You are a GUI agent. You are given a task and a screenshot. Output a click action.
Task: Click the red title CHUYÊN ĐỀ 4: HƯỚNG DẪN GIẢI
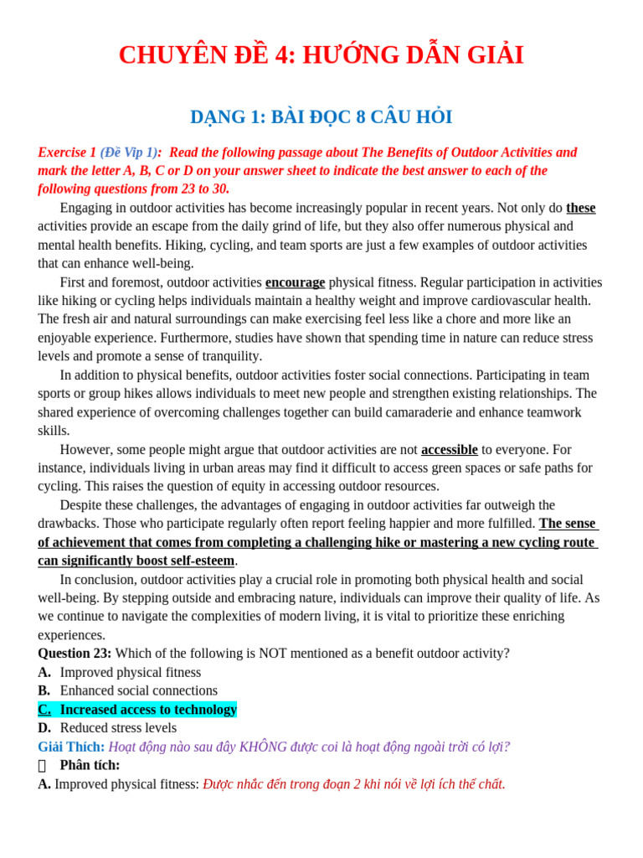click(x=321, y=55)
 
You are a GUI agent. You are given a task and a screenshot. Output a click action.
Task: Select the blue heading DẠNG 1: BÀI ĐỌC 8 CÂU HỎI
click(x=321, y=117)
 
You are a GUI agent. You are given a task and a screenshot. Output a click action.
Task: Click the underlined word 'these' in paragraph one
click(x=580, y=208)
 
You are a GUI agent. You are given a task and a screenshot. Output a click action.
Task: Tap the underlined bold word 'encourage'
click(x=295, y=282)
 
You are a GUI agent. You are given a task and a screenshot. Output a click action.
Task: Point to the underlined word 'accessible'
click(x=449, y=449)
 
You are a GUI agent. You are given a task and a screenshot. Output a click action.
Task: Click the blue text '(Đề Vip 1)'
click(x=128, y=152)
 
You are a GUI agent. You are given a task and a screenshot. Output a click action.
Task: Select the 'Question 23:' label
click(x=75, y=654)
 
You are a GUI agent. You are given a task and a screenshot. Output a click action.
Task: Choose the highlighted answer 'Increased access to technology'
click(x=148, y=710)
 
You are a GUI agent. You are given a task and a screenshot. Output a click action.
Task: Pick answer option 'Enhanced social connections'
click(x=138, y=690)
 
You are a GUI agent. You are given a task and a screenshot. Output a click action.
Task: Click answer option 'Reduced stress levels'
click(x=118, y=728)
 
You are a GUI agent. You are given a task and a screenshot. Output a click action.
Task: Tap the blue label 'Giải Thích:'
click(x=71, y=747)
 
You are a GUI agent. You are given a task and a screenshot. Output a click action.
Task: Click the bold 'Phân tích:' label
click(x=90, y=765)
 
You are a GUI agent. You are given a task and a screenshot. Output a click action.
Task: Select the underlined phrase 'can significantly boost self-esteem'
click(x=136, y=561)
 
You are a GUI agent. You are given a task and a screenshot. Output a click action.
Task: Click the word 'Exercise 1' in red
click(x=67, y=152)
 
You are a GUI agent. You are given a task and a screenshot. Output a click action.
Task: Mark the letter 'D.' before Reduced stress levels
click(x=44, y=728)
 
